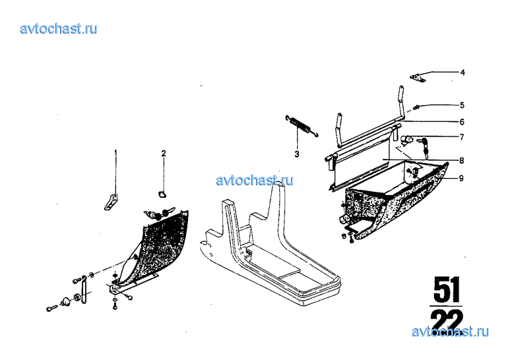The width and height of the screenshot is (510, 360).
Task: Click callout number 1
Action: pos(115,152)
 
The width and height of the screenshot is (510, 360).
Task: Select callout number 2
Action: pos(164,153)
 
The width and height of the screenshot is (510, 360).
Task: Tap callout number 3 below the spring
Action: pos(297,154)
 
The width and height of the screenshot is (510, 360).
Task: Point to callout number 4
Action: pos(462,73)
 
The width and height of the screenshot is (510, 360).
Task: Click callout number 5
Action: pos(462,105)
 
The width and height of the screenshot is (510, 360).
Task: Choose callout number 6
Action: pos(462,122)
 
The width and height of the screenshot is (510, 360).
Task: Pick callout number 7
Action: pos(462,137)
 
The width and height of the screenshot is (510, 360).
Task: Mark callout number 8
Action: pos(462,160)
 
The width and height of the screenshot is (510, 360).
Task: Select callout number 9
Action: pos(461,178)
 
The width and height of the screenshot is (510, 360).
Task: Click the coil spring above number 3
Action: pos(302,126)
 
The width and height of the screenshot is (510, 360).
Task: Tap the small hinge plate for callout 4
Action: pos(417,78)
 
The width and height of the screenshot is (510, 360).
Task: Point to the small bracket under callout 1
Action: pos(111,202)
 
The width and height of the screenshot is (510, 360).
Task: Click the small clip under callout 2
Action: pos(162,194)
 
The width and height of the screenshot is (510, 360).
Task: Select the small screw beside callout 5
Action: pos(416,107)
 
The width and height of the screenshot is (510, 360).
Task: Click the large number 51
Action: pos(446,289)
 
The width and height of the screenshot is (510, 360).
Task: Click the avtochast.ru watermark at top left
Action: pos(59,29)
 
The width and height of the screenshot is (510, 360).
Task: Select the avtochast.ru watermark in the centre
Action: pos(255,180)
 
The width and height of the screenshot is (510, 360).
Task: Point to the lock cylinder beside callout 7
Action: pos(406,140)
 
